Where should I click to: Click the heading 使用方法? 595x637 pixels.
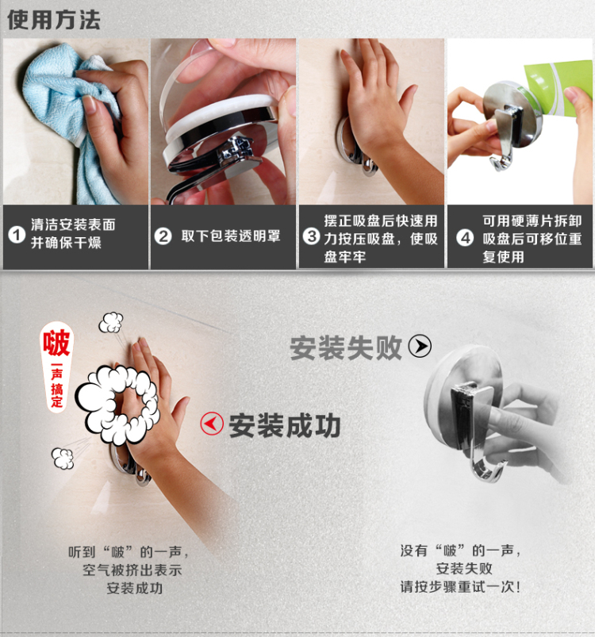[54, 20]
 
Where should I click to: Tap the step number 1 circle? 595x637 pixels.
[17, 235]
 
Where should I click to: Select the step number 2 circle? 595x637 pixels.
[163, 236]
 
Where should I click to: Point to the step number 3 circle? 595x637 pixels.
[312, 236]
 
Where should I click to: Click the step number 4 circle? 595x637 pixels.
[465, 238]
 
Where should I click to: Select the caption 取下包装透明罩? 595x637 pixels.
[231, 236]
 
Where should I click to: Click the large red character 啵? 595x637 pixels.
[57, 343]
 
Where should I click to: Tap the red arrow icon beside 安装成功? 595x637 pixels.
[212, 424]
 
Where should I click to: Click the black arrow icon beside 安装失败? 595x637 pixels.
[420, 346]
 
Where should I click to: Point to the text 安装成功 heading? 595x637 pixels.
[284, 426]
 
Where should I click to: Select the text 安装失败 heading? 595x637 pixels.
[346, 347]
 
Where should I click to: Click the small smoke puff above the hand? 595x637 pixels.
[111, 322]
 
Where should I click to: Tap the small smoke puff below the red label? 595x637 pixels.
[63, 458]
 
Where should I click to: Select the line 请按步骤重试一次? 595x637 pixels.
[460, 586]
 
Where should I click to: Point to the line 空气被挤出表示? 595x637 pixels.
[132, 570]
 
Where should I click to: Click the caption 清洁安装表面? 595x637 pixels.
[73, 224]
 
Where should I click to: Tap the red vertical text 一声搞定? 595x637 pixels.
[57, 385]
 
